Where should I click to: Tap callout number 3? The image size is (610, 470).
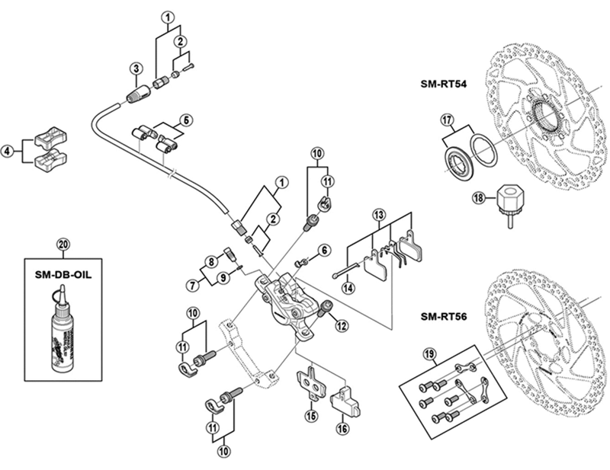[x=134, y=68]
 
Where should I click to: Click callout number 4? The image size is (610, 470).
[x=8, y=152]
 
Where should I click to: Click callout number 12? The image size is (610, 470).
[x=341, y=326]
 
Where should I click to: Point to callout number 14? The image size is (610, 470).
[x=347, y=287]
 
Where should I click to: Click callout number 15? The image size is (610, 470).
[x=310, y=416]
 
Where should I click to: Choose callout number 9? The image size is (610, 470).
[x=223, y=277]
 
